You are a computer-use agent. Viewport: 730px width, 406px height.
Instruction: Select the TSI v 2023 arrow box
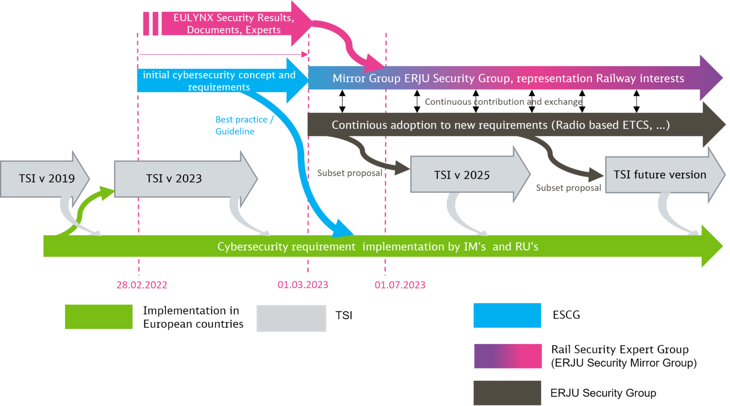click(x=174, y=178)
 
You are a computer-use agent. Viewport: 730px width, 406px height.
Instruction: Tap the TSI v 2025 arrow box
click(x=461, y=175)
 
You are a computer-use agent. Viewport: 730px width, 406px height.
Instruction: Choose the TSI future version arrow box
click(x=660, y=175)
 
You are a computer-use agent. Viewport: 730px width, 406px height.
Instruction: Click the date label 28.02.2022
click(x=142, y=285)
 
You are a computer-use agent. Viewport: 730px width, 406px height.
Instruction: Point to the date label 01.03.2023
click(x=303, y=285)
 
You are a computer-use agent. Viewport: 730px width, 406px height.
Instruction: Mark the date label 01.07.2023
click(x=400, y=285)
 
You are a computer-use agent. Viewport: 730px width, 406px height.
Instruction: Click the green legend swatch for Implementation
click(x=98, y=317)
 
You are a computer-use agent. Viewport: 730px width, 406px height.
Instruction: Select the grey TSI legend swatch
click(x=291, y=318)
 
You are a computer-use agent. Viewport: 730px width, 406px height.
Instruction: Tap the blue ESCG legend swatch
click(x=507, y=315)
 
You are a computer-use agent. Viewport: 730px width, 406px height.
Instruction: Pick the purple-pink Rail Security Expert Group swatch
click(x=508, y=356)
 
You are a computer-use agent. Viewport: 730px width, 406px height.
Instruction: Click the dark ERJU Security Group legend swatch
click(x=507, y=393)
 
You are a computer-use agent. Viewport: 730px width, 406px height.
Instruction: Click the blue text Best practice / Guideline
click(x=244, y=125)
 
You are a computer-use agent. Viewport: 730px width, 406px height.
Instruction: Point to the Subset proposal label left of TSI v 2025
click(x=349, y=173)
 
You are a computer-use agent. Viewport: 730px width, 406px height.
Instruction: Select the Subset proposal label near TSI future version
click(x=568, y=188)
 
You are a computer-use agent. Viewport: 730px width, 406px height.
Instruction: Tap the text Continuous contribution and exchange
click(x=503, y=102)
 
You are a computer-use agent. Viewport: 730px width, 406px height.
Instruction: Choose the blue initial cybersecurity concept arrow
click(x=219, y=81)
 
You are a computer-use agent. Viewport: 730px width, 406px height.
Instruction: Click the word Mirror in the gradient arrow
click(x=349, y=79)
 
